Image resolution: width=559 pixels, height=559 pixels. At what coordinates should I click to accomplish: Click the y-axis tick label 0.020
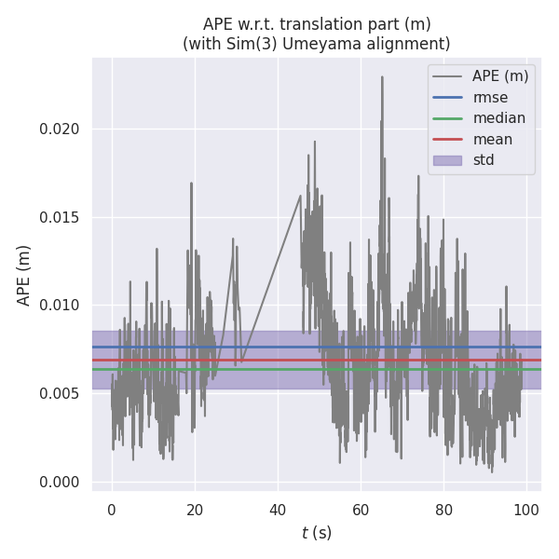[60, 129]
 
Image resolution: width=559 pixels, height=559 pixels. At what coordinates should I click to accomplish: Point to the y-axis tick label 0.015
[60, 217]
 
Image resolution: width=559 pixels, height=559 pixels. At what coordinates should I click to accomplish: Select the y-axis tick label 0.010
[60, 305]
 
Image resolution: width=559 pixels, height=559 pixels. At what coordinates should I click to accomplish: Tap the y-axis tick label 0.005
[60, 393]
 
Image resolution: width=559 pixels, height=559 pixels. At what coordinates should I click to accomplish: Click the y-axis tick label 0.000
[60, 482]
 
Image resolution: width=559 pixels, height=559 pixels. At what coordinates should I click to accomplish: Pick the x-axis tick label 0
[112, 510]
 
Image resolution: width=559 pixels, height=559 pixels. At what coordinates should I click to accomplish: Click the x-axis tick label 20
[195, 510]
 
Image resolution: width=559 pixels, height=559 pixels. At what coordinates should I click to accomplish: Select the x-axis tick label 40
[278, 510]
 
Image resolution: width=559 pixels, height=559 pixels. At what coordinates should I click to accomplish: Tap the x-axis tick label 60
[361, 510]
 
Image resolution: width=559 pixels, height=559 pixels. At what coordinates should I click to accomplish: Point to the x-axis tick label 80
[443, 510]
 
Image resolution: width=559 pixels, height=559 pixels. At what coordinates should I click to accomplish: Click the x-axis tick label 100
[526, 510]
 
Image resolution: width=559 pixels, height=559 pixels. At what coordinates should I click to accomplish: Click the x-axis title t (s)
[317, 533]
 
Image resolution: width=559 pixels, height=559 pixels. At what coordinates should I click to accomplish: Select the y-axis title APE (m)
[24, 275]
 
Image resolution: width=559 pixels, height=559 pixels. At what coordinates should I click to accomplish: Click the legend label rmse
[491, 97]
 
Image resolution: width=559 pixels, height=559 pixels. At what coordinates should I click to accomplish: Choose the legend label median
[498, 118]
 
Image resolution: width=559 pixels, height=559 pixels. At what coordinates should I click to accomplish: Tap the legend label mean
[492, 139]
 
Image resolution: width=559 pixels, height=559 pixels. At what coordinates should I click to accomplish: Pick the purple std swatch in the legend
[448, 160]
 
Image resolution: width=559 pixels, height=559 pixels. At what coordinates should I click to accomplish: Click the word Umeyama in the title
[337, 44]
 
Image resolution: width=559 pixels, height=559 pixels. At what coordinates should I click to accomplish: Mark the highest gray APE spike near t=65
[382, 77]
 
